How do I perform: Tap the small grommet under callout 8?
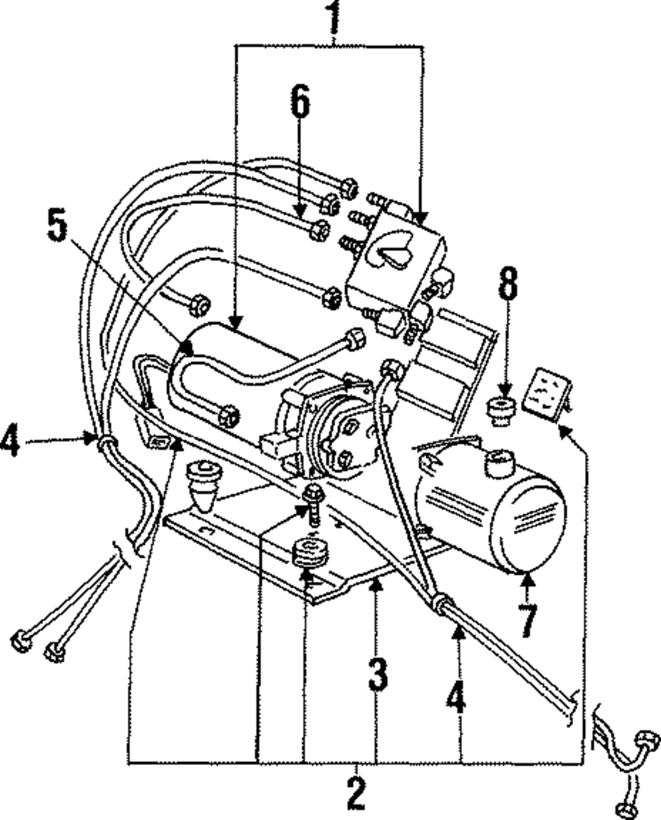[x=501, y=408]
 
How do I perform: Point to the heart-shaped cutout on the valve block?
[x=394, y=254]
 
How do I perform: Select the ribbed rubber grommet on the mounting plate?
[x=311, y=554]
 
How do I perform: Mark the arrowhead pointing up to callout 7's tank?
[x=527, y=579]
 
